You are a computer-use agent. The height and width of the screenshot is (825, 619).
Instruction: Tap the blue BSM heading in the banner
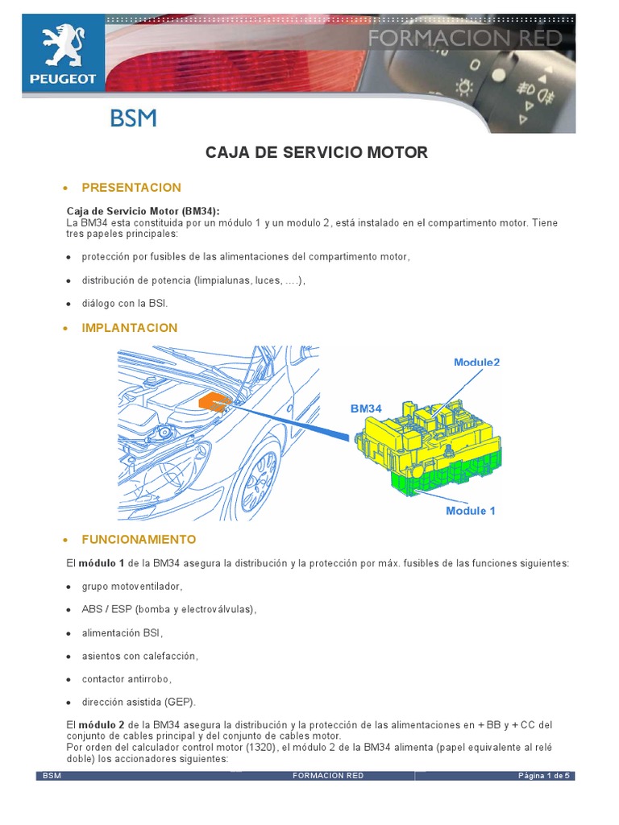pyautogui.click(x=133, y=119)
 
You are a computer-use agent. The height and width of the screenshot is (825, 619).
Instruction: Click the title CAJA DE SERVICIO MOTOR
pyautogui.click(x=317, y=152)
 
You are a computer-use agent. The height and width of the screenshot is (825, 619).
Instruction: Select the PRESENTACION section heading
pyautogui.click(x=131, y=188)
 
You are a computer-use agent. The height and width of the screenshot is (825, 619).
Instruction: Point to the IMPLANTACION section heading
pyautogui.click(x=130, y=328)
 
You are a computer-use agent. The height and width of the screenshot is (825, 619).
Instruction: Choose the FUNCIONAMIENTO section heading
pyautogui.click(x=139, y=539)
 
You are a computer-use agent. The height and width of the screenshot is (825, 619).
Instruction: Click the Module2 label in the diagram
pyautogui.click(x=476, y=363)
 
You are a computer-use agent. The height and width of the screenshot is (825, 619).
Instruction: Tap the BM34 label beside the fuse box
pyautogui.click(x=366, y=409)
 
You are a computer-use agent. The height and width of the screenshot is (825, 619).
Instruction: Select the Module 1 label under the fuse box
pyautogui.click(x=471, y=511)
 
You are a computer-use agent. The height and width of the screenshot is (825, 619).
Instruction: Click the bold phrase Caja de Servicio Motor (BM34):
pyautogui.click(x=143, y=210)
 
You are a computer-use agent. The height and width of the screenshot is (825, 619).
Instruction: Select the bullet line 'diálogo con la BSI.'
pyautogui.click(x=124, y=304)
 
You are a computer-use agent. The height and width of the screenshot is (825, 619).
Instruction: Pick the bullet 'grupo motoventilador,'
pyautogui.click(x=132, y=587)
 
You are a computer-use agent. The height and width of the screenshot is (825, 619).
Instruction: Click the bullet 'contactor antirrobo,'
pyautogui.click(x=127, y=678)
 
